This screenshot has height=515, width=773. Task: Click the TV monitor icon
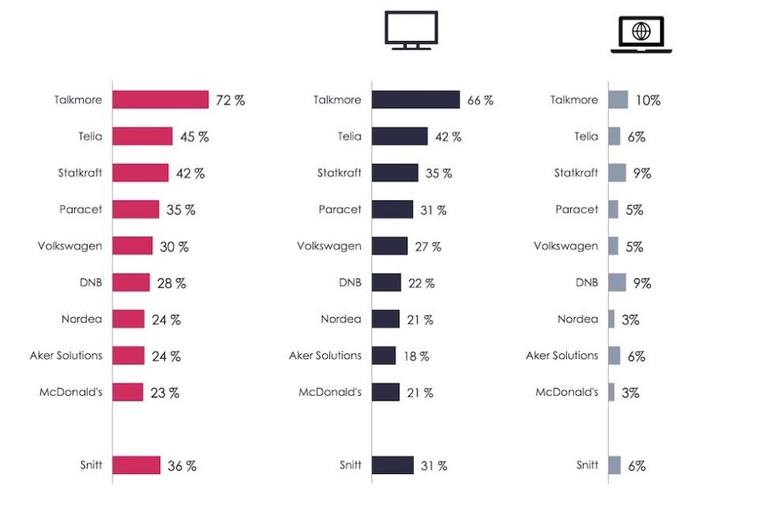click(x=411, y=31)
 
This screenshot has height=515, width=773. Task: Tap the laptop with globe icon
click(x=641, y=34)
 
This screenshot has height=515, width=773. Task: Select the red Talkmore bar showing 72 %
click(x=160, y=100)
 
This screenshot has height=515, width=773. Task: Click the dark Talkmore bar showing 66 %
click(x=415, y=100)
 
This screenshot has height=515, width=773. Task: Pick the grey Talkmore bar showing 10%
click(x=618, y=100)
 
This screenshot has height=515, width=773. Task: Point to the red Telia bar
click(x=143, y=136)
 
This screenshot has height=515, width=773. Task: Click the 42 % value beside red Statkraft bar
click(x=190, y=173)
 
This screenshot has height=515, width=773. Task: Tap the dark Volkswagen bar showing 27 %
click(x=390, y=246)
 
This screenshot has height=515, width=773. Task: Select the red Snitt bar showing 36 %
click(x=136, y=465)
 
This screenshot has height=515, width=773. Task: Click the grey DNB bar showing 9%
click(x=618, y=282)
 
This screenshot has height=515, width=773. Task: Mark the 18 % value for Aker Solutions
click(x=416, y=356)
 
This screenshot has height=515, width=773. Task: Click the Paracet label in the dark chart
click(x=340, y=209)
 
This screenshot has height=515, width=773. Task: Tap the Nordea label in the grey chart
click(x=577, y=319)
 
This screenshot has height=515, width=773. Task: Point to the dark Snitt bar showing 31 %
click(x=393, y=465)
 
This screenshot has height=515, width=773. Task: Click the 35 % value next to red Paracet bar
click(x=180, y=209)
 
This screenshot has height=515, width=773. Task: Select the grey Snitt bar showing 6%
click(x=614, y=465)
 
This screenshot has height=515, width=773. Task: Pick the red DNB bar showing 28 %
click(x=131, y=282)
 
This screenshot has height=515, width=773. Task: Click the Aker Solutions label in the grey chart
click(x=562, y=356)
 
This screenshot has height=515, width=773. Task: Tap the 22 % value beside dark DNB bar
click(x=420, y=282)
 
